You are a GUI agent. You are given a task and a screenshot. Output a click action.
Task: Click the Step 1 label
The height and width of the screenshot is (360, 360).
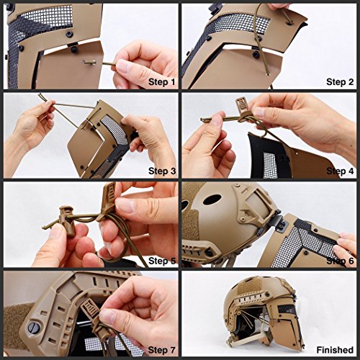162,82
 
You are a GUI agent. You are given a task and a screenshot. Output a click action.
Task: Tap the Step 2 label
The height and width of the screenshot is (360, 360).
340,82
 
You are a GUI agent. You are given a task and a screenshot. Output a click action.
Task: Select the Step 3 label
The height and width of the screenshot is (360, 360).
162,171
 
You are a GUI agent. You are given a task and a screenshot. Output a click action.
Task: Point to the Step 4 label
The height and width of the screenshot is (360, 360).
340,171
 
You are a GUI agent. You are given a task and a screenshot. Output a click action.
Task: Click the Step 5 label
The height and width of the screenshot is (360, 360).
162,261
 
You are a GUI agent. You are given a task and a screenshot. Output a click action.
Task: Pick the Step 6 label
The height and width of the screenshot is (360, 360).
340,261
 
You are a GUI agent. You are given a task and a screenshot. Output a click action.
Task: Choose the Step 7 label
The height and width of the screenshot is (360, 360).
162,350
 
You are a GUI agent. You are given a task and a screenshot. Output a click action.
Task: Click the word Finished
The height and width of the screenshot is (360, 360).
335,350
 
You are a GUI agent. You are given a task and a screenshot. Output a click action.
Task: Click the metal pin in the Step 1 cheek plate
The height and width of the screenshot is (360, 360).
89,63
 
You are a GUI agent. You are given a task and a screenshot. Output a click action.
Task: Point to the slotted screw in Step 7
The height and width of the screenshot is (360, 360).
32,328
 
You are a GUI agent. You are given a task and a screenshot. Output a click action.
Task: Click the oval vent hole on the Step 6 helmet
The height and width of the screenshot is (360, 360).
212,199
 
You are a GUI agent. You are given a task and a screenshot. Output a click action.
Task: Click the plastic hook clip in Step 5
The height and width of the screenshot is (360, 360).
105,200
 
